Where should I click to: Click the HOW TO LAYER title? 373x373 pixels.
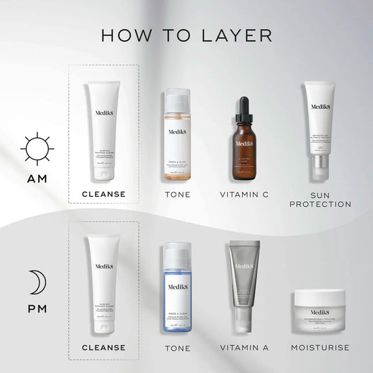pyautogui.click(x=186, y=35)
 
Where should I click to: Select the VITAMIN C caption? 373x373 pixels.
pyautogui.click(x=244, y=195)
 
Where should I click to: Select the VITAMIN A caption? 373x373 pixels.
pyautogui.click(x=244, y=348)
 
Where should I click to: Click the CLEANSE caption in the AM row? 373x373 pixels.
pyautogui.click(x=104, y=195)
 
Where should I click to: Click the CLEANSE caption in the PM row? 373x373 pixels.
pyautogui.click(x=104, y=348)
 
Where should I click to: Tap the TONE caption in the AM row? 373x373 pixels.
pyautogui.click(x=177, y=195)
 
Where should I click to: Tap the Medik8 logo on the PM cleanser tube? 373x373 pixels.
pyautogui.click(x=104, y=267)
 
